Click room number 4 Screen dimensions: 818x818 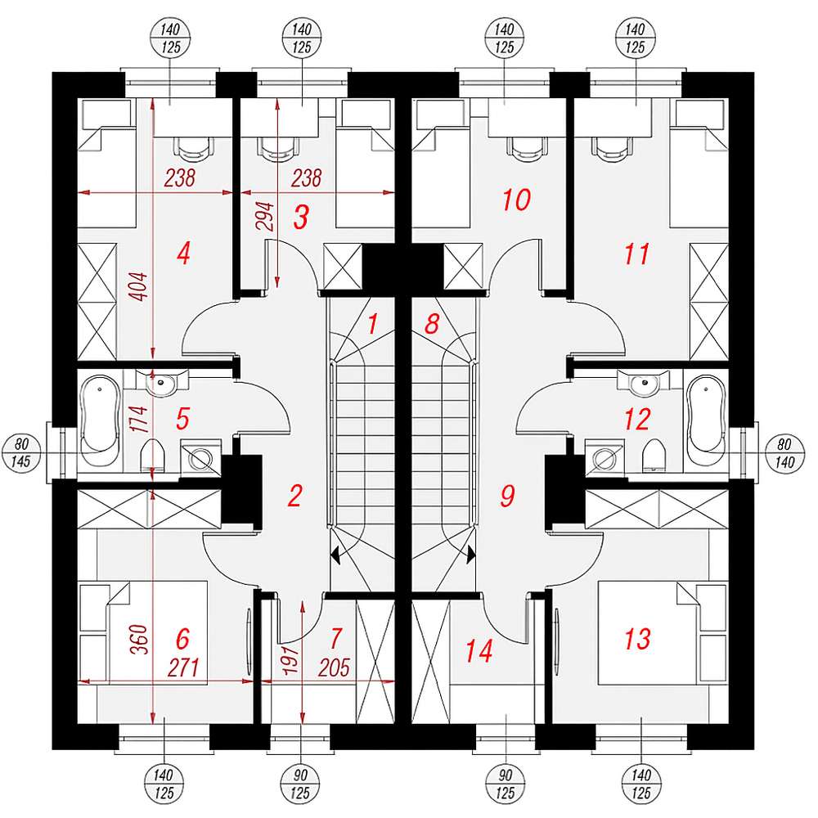coord(183,255)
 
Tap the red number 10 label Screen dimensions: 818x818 coord(516,200)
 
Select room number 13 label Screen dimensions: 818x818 coord(637,639)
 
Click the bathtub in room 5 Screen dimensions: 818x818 coord(101,425)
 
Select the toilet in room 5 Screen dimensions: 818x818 coord(152,455)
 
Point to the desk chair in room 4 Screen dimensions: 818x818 coord(192,146)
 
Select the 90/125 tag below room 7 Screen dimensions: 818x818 coord(300,784)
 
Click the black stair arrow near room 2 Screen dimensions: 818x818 coord(335,555)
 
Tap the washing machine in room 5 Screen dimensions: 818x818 coord(200,458)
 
